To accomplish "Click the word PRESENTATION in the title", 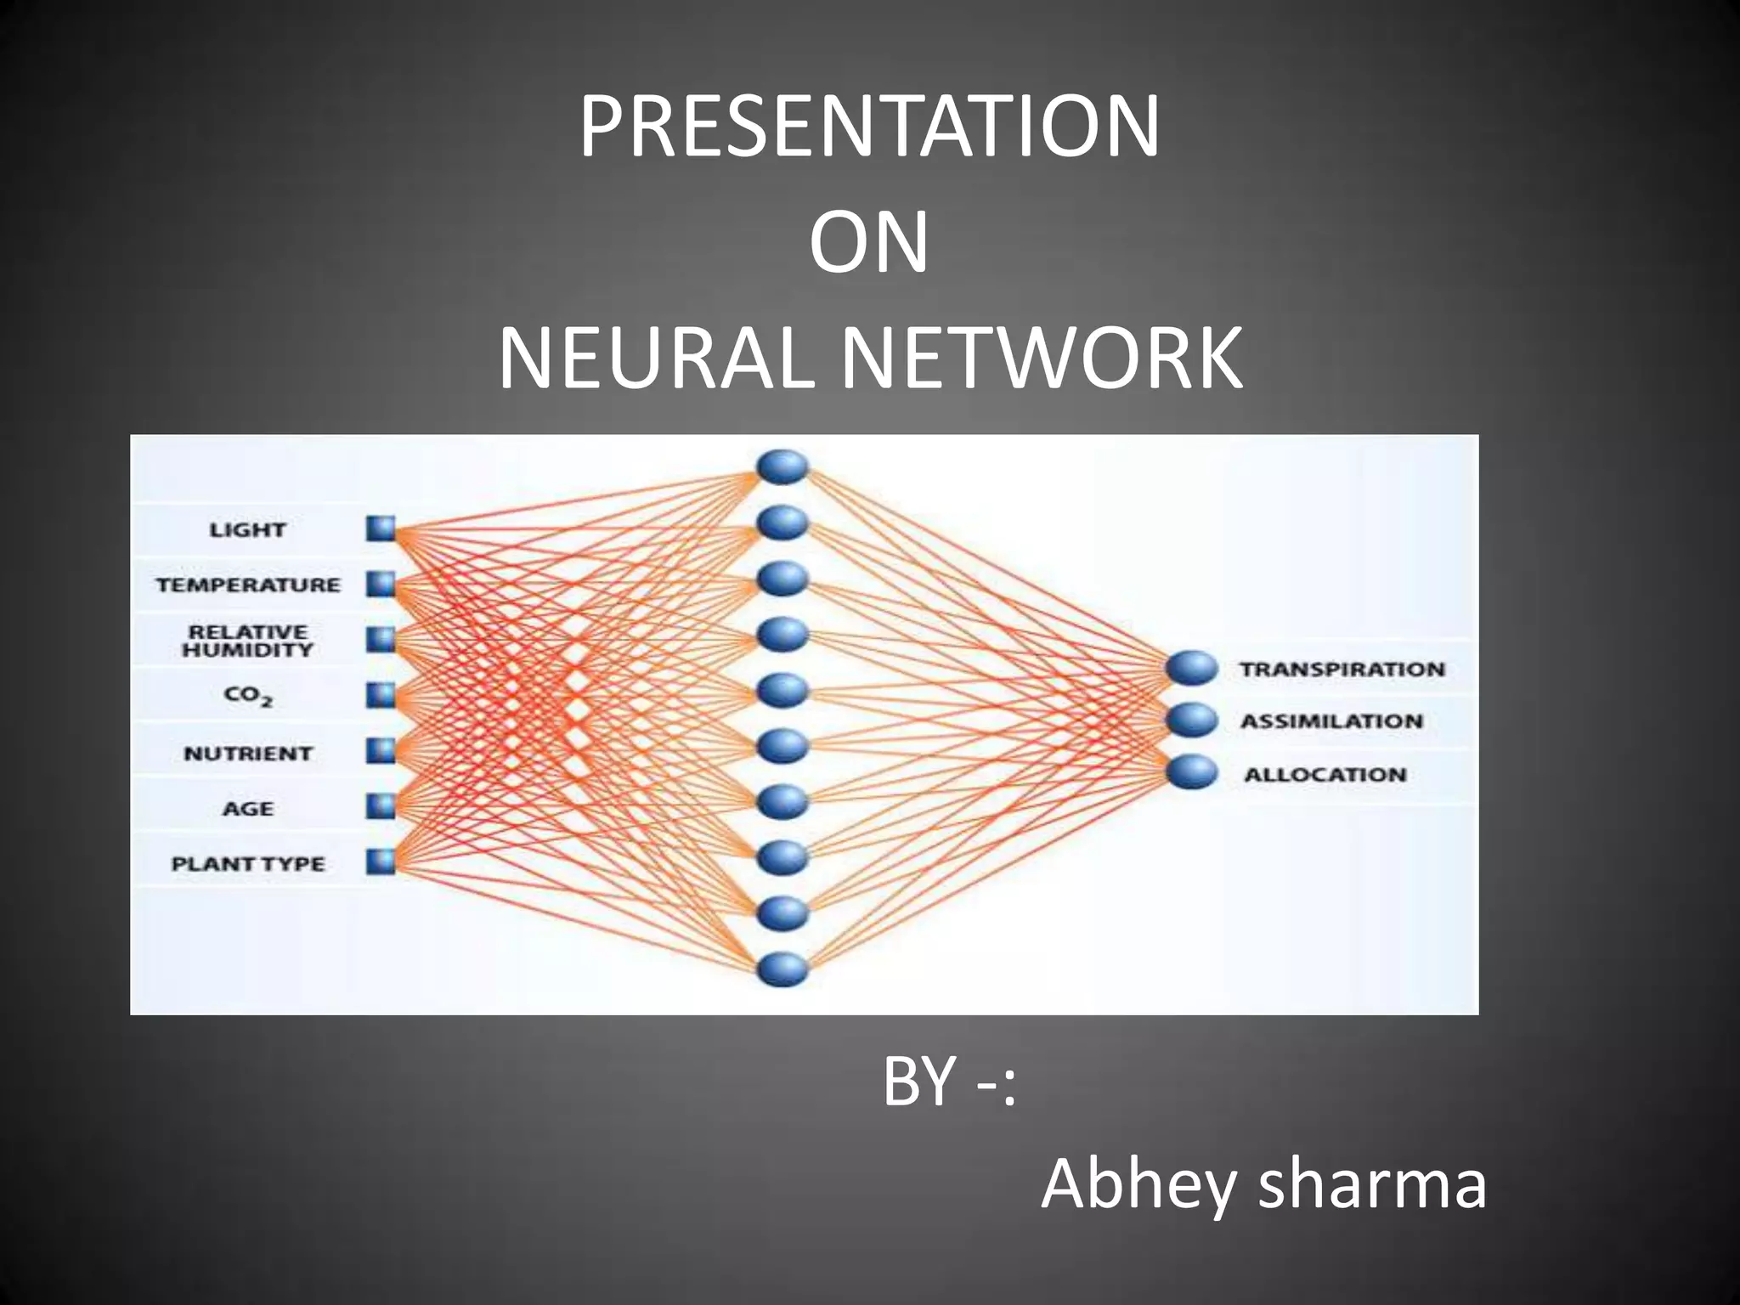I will pos(869,127).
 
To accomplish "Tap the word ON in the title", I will pos(868,244).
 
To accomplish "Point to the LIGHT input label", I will pos(247,530).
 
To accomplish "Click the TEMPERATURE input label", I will pos(247,585).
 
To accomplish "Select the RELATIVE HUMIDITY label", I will pos(247,641).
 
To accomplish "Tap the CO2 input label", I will pos(247,696).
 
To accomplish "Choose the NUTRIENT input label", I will pos(247,754).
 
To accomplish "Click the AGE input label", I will pos(247,809).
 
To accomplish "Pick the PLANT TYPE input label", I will pos(247,864).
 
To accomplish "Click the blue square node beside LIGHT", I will pos(381,529).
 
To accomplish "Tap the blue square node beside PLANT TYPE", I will pos(381,862).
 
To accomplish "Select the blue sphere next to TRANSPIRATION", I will pos(1192,668).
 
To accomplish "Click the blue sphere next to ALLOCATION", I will pos(1192,772).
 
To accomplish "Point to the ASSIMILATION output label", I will pos(1331,721).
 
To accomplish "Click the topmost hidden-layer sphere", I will pos(782,466).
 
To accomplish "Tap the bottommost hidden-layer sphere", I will pos(782,969).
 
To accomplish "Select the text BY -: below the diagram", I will pos(949,1082).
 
